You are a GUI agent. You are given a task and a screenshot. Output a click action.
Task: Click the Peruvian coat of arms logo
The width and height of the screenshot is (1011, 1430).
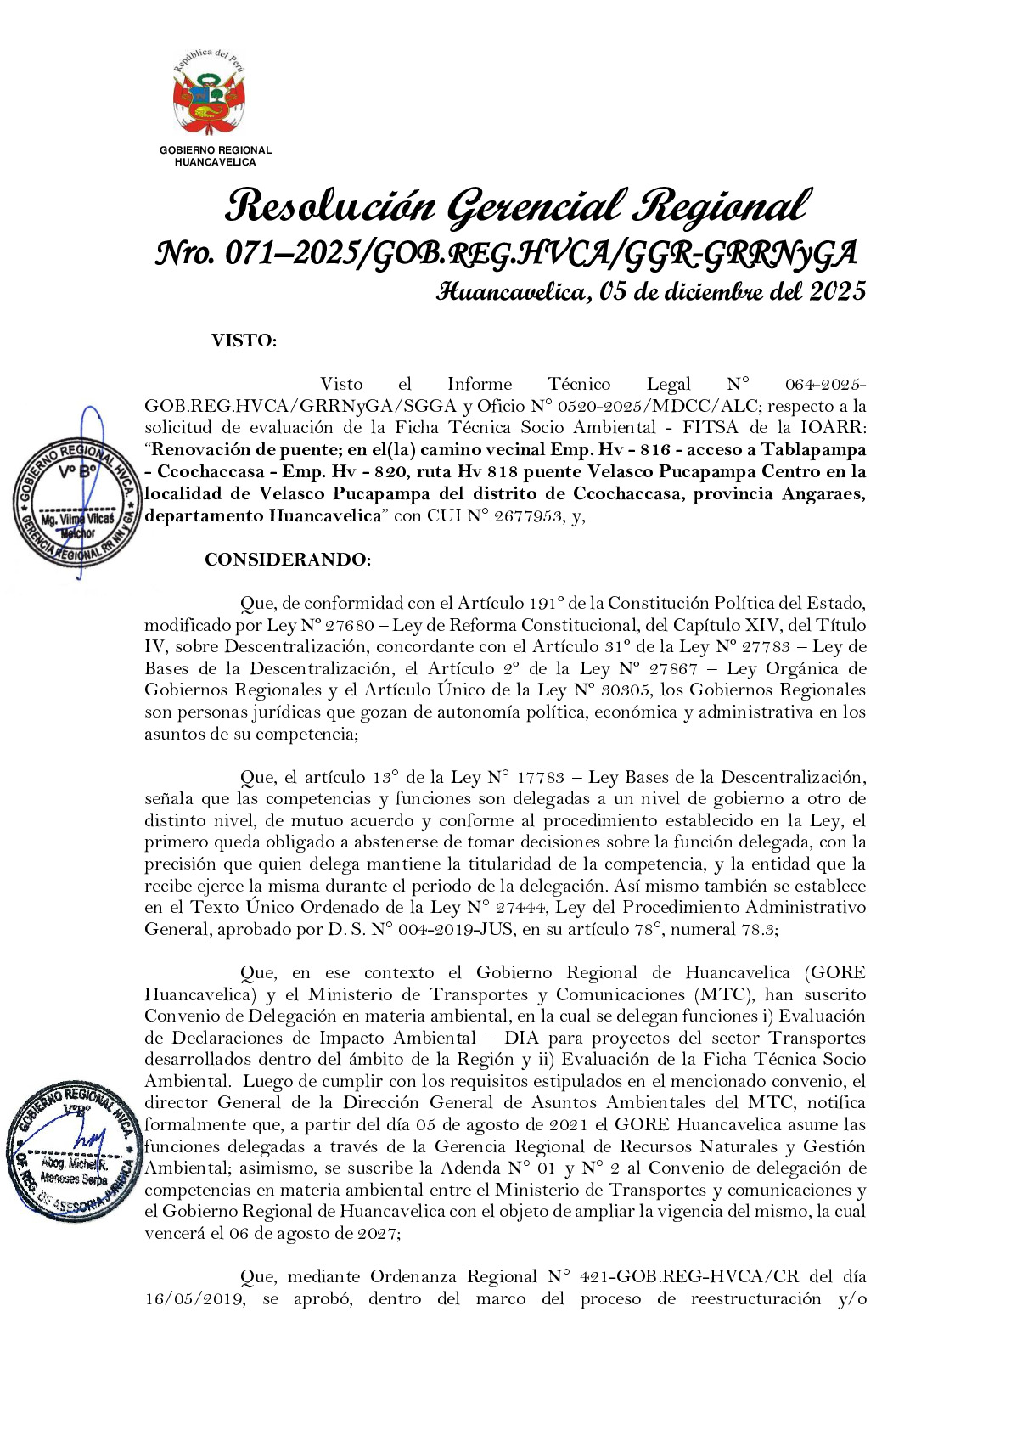coord(209,93)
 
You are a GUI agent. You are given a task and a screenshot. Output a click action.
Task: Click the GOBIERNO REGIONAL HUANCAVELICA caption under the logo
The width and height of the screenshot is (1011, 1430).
coord(215,155)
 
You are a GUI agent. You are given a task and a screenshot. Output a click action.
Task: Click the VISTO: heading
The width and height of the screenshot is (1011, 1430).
coord(244,341)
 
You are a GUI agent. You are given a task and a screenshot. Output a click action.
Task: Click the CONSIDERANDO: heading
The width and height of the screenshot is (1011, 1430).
coord(288,560)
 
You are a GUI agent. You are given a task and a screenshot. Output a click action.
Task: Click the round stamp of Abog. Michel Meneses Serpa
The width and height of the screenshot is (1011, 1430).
coord(73,1151)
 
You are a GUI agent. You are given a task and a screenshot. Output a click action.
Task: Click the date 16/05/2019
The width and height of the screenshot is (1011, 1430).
coord(195,1299)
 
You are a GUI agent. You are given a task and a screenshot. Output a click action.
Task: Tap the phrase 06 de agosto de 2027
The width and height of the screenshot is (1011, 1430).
coord(312,1234)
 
